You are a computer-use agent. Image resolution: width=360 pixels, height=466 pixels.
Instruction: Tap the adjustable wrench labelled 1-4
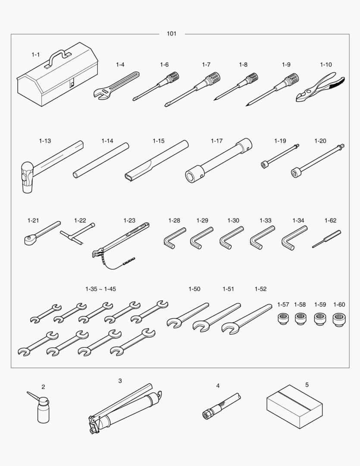tap(116, 85)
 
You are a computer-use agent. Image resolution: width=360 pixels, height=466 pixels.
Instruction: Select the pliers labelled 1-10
tap(320, 87)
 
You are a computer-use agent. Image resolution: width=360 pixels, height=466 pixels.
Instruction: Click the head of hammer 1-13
tap(27, 177)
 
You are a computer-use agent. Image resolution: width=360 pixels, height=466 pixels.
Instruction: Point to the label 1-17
tap(216, 141)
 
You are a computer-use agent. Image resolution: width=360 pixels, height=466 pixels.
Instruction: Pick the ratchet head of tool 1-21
tap(30, 239)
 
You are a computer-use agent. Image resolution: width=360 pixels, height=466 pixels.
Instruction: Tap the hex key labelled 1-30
tap(231, 238)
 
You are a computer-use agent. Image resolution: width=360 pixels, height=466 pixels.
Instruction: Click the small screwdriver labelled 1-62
tap(326, 239)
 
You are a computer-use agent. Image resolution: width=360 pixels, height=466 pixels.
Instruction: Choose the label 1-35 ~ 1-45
tap(100, 289)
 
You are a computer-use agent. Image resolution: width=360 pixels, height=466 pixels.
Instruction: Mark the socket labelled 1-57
tap(283, 318)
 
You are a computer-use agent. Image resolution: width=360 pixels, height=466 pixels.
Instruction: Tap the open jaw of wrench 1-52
tap(229, 328)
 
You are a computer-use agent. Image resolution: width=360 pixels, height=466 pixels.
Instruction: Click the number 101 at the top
tap(172, 34)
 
